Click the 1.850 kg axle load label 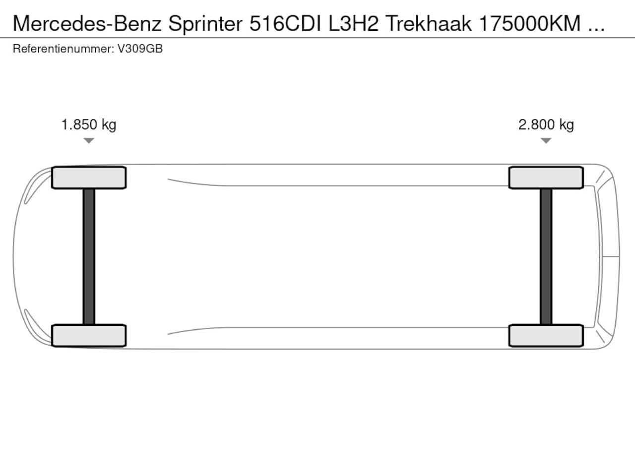89,124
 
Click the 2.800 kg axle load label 546,124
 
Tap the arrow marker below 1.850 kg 89,141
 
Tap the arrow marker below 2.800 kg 546,141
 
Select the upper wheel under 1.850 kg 89,178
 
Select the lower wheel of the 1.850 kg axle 89,335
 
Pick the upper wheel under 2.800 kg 546,178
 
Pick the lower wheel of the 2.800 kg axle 546,335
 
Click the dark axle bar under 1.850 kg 89,256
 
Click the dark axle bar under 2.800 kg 546,256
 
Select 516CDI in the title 286,23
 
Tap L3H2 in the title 353,23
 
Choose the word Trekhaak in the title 428,23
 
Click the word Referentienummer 63,49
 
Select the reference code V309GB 140,49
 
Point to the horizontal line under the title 317,37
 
